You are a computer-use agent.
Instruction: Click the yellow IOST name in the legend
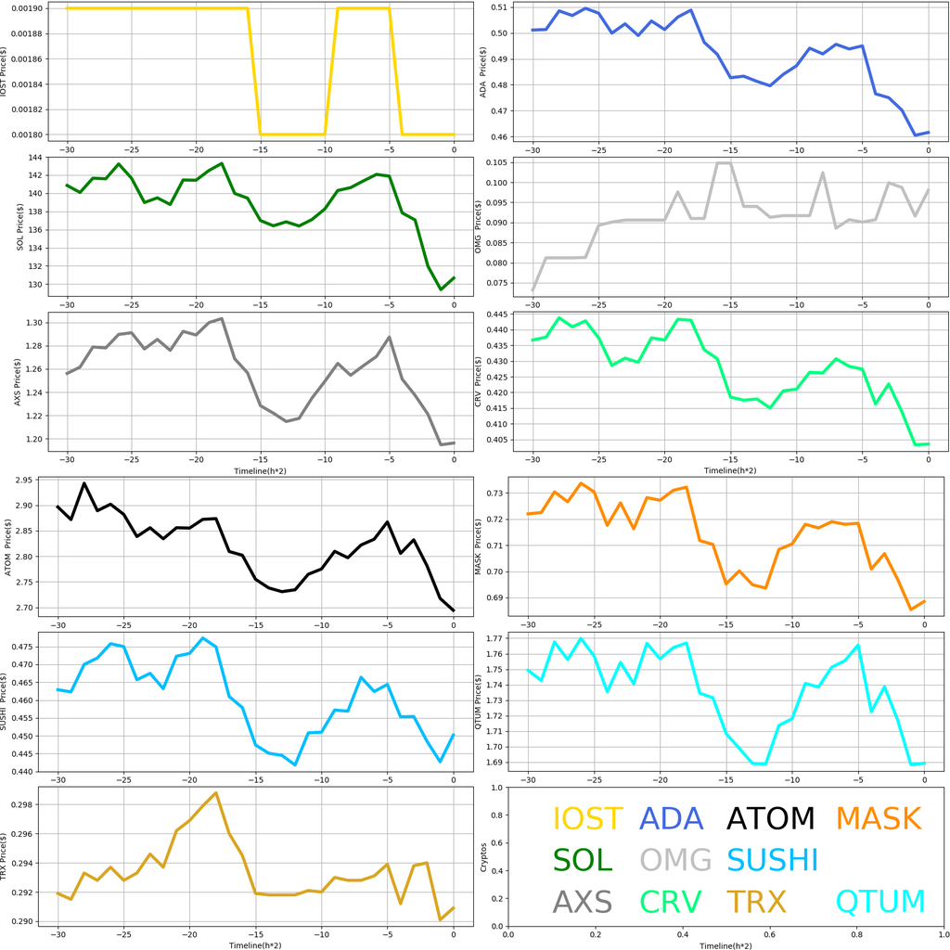point(587,818)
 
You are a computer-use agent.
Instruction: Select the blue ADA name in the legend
point(673,818)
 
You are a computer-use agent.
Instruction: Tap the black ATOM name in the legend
point(770,818)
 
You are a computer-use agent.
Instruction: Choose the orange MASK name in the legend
point(878,818)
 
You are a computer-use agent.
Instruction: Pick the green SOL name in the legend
point(583,860)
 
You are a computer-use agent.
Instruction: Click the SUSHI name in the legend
point(772,860)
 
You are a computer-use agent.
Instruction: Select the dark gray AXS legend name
point(582,901)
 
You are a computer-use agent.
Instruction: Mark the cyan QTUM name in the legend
point(880,901)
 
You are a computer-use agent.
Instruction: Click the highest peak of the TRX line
point(216,793)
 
